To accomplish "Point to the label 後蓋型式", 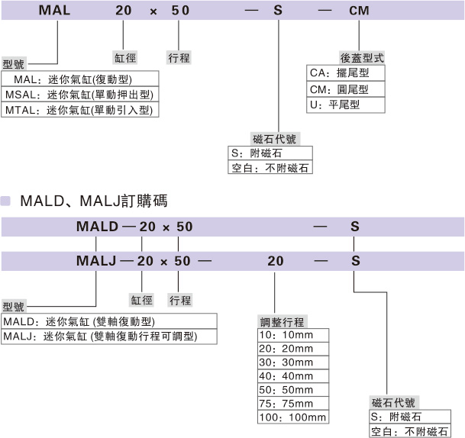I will tap(361, 58).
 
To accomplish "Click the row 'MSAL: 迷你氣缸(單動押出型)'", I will tap(80, 95).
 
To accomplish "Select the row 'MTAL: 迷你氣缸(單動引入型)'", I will tap(80, 110).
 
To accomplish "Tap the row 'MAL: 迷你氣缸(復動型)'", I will tap(80, 79).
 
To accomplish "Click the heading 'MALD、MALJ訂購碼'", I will tap(94, 201).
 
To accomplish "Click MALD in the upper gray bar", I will tap(97, 226).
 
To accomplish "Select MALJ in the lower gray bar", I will tap(95, 260).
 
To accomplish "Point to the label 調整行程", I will tap(283, 320).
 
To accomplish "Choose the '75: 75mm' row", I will tap(293, 404).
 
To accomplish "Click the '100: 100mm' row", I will tap(293, 417).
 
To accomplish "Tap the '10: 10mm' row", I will tap(293, 335).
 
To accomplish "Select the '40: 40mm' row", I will tap(293, 376).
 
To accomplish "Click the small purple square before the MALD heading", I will tap(7, 201).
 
